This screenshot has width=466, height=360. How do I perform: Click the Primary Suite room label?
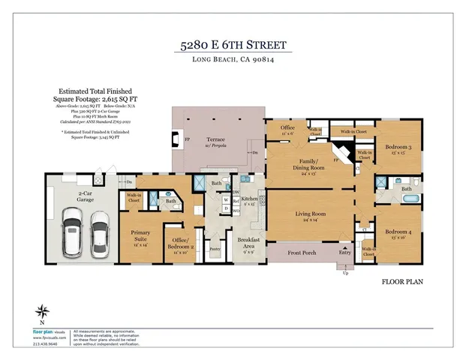coord(140,235)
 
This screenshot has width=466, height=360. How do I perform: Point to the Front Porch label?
coord(302,254)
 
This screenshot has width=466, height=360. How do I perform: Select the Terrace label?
coord(216,139)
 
